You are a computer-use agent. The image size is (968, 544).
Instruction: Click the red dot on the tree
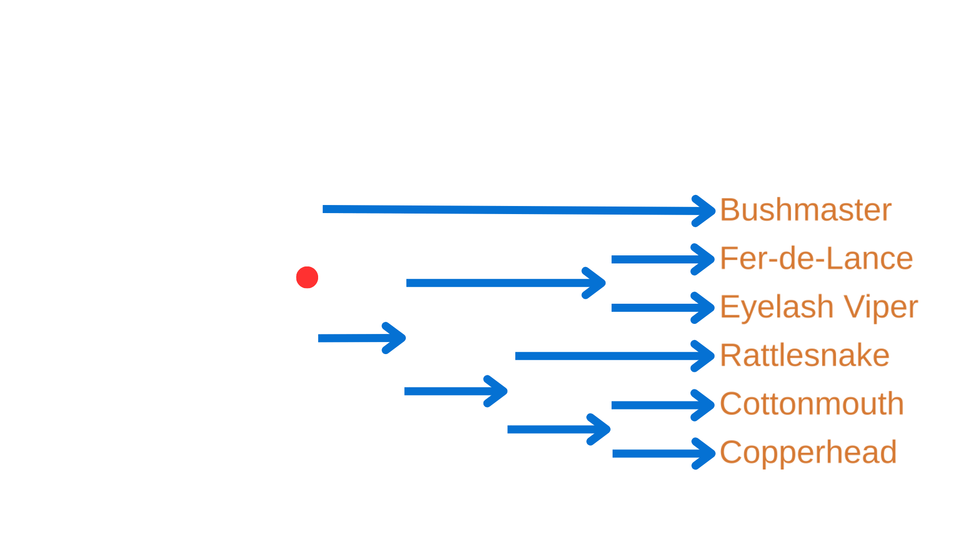point(307,277)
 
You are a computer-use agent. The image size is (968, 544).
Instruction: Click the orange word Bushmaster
point(805,210)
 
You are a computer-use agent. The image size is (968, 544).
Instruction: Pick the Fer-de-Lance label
point(816,258)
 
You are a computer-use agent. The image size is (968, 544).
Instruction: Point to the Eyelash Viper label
point(818,307)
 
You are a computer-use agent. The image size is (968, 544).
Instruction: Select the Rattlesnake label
point(804,356)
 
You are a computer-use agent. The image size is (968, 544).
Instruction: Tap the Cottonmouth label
point(811,404)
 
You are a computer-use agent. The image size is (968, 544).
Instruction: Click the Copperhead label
point(808,452)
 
